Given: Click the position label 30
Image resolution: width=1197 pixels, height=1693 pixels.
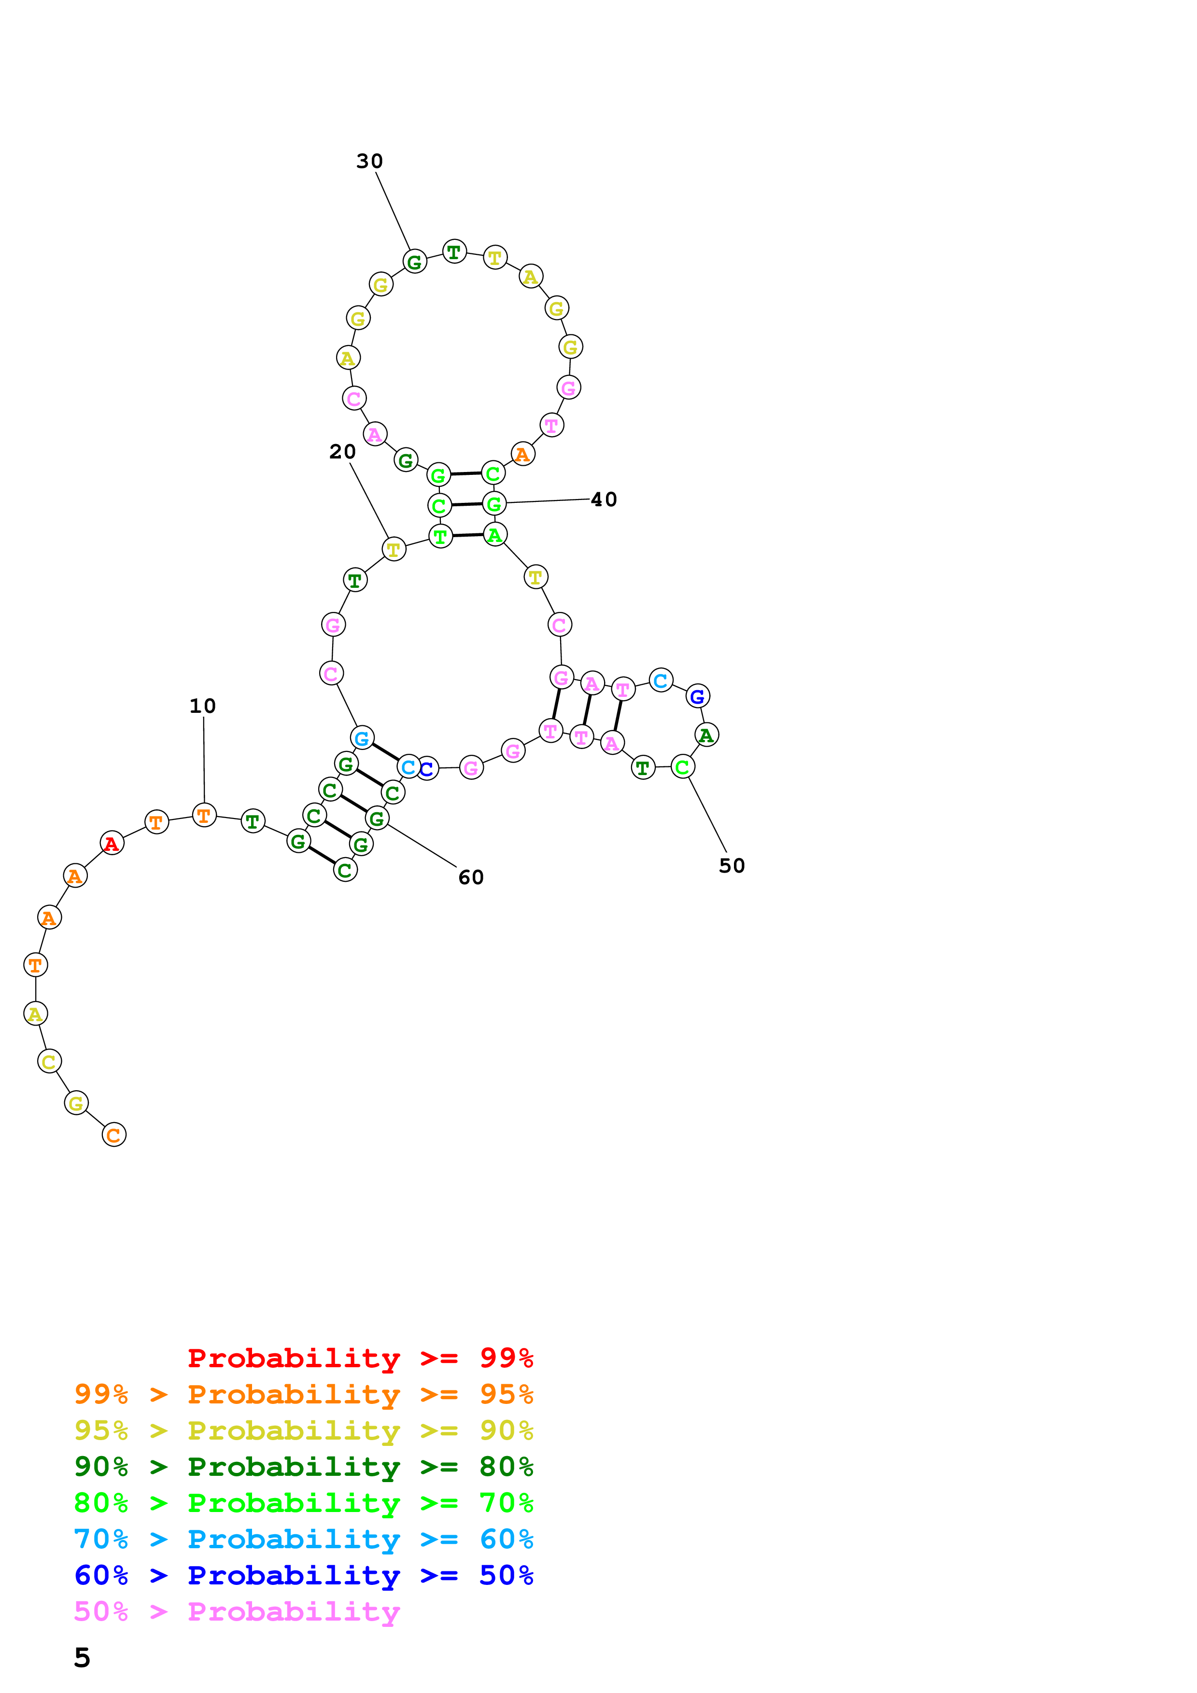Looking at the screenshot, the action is point(369,162).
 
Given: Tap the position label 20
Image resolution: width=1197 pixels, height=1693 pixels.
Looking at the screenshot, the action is point(342,452).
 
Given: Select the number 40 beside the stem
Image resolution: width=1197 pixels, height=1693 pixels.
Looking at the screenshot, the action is point(603,500).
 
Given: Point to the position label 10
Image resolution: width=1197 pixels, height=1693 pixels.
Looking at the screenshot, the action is point(203,707).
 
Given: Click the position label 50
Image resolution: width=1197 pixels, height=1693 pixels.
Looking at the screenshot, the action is point(732,866).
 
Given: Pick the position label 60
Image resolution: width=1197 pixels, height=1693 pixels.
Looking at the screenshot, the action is point(470,877).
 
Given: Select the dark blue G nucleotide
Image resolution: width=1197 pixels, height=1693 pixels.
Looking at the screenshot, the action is point(698,696).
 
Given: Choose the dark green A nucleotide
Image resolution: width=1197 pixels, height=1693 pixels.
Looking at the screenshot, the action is point(706,735).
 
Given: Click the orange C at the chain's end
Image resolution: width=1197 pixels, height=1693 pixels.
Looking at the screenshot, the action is point(113,1135).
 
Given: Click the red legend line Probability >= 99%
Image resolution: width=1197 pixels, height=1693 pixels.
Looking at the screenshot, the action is point(360,1358).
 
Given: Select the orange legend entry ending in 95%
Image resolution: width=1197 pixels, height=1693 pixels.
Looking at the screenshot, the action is point(303,1394).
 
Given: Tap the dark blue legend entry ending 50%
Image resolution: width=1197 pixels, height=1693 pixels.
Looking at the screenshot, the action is point(303,1575).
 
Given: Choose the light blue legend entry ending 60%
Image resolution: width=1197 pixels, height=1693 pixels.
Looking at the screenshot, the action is point(303,1539).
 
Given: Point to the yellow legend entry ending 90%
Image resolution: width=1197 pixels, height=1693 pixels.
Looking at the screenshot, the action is point(303,1430).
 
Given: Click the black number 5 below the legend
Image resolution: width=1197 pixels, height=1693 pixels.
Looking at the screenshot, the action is point(82,1658).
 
